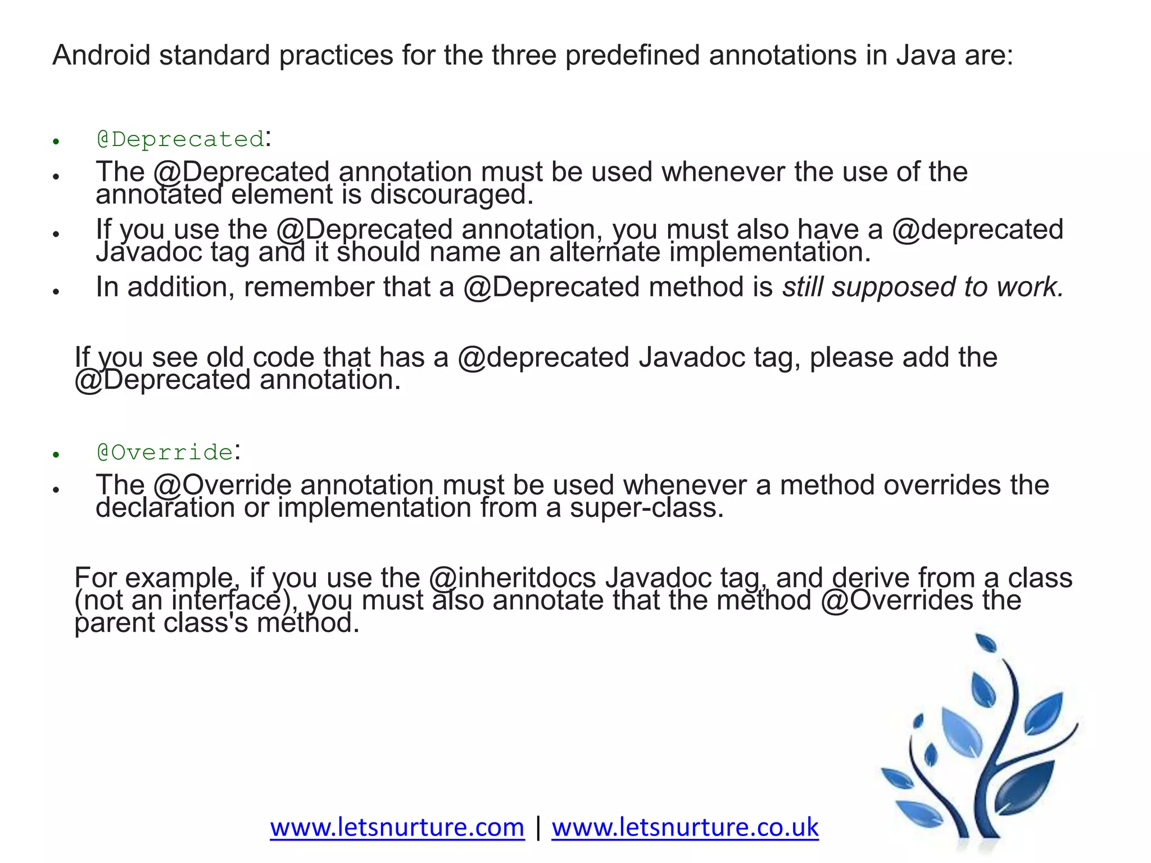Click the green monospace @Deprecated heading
click(180, 139)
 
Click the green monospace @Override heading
click(165, 452)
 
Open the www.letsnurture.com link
click(397, 828)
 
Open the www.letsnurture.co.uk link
click(685, 828)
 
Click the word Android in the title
click(101, 56)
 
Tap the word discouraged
click(451, 195)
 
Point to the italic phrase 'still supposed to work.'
click(923, 287)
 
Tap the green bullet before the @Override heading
click(56, 455)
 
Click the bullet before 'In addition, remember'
click(56, 291)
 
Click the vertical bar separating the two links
click(538, 828)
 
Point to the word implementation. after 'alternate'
click(770, 252)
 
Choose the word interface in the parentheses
click(225, 601)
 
